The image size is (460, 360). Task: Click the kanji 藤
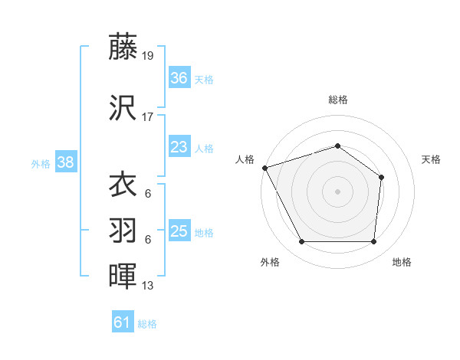click(123, 47)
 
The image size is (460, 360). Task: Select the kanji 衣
click(123, 185)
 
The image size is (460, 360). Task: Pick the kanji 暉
click(123, 275)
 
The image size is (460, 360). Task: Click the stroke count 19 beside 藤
click(149, 56)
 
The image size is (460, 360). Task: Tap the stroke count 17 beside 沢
click(149, 117)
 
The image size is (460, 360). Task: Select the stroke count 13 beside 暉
click(149, 286)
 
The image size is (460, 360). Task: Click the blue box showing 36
click(179, 77)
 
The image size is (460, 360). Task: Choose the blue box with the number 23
click(179, 147)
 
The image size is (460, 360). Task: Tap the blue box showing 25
click(179, 231)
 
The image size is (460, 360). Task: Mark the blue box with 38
click(65, 162)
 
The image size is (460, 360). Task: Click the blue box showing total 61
click(123, 322)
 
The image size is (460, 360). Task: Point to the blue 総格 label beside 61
click(147, 324)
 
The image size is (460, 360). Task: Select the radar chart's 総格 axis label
click(337, 100)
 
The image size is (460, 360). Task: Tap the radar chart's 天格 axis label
click(431, 159)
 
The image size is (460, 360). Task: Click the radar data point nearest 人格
click(264, 168)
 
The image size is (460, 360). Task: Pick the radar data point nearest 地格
click(373, 242)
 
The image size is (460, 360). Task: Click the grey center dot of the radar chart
click(337, 191)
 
